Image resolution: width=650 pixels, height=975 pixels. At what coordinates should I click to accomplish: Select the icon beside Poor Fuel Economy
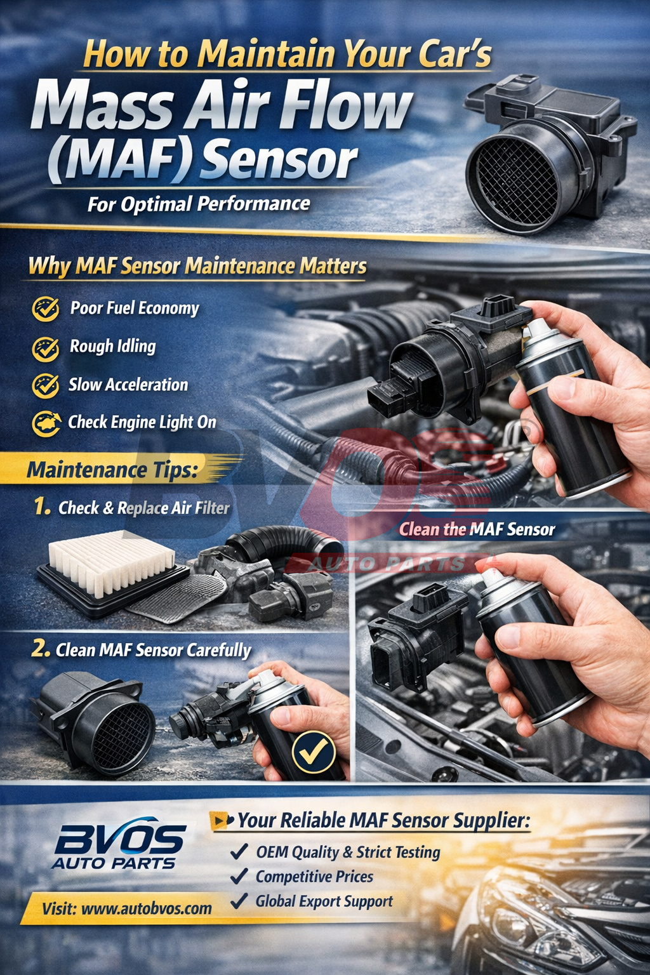pos(46,308)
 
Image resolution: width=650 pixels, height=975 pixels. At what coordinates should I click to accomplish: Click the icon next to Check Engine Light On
pos(46,423)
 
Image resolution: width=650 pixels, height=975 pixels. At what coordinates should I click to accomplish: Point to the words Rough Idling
pos(113,347)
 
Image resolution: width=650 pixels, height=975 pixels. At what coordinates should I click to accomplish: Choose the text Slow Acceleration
pos(128,384)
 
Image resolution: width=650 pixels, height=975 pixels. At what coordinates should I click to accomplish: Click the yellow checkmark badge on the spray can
pos(314,752)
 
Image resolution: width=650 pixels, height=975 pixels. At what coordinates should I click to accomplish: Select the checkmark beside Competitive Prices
pos(239,876)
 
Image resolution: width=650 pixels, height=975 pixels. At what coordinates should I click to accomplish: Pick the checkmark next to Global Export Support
pos(239,900)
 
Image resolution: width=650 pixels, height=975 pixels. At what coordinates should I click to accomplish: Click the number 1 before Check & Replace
pos(42,507)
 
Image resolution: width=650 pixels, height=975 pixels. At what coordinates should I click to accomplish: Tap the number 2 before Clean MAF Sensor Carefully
pos(41,649)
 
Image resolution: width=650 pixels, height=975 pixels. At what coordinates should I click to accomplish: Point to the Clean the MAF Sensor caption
pos(477,529)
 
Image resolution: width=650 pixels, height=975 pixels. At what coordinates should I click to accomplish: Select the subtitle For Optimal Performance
pos(199,204)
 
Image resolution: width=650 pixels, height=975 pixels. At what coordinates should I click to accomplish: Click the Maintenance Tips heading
pos(112,470)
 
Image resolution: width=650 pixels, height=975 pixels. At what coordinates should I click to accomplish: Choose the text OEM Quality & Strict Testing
pos(348,852)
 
